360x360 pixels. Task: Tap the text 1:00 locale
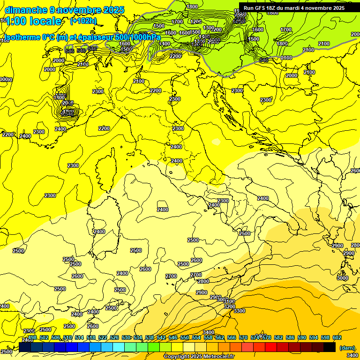pos(33,21)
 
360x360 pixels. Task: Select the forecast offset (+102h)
pos(83,21)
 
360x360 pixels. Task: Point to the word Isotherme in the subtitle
pos(22,37)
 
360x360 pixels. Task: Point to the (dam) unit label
pos(347,347)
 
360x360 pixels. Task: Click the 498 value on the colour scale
pos(32,337)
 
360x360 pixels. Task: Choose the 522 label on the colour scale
pos(103,337)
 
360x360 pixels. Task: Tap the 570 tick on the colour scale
pos(243,337)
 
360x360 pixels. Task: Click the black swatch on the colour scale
pos(330,347)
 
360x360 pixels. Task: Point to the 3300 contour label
pos(239,311)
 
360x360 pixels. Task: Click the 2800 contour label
pos(203,281)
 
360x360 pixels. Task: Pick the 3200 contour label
pos(229,307)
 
